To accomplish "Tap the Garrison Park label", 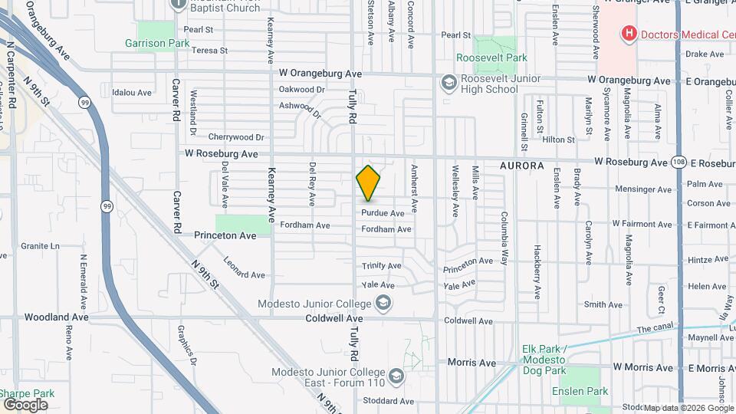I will pos(157,44).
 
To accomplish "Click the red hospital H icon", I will pos(629,33).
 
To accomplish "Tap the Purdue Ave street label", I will pos(383,213).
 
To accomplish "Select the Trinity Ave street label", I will pos(382,266).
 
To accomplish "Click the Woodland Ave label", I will pos(56,317).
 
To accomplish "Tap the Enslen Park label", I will pos(580,391).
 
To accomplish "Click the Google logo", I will pos(25,404).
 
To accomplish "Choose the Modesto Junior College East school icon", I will pos(396,376).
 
